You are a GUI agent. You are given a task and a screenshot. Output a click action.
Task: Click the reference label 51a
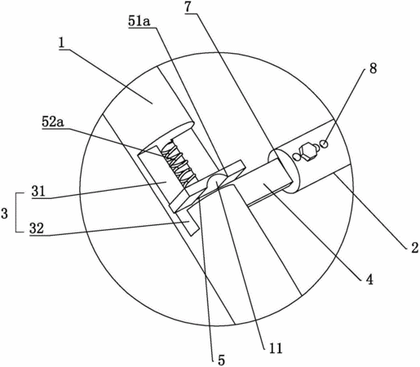[139, 22]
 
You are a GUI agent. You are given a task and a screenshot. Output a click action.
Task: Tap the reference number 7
[188, 7]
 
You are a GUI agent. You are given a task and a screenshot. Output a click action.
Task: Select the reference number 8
[373, 69]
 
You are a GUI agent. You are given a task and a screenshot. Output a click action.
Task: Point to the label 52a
[53, 122]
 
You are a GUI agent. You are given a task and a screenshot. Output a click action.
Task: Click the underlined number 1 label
[62, 43]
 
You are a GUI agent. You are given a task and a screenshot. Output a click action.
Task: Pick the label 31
[38, 192]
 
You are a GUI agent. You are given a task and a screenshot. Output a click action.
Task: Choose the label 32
[37, 228]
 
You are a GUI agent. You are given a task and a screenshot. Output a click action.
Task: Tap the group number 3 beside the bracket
[4, 214]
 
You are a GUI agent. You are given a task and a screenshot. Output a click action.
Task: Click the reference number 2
[414, 248]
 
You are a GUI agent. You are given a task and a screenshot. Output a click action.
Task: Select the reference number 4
[369, 279]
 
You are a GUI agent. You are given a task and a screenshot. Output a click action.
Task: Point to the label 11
[276, 348]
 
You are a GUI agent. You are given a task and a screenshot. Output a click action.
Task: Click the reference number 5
[222, 360]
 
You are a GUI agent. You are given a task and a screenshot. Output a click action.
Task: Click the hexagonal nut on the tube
[307, 152]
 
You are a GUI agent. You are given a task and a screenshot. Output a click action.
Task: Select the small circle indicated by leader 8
[324, 144]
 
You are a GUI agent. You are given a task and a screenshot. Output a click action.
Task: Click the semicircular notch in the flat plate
[217, 180]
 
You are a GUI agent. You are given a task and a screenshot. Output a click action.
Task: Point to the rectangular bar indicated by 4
[269, 182]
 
